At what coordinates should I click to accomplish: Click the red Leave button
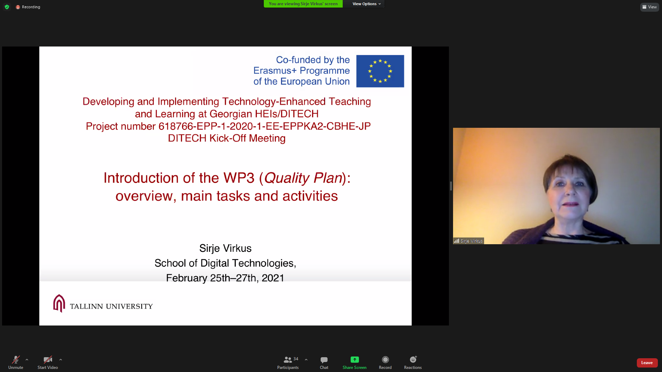tap(647, 363)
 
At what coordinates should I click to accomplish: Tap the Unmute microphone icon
tap(16, 360)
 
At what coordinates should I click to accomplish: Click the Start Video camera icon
tap(48, 360)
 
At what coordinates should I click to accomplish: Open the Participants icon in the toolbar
tap(288, 360)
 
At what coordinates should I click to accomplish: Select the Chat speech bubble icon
tap(324, 360)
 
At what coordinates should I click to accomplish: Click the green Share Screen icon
tap(354, 360)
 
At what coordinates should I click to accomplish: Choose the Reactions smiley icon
tap(413, 360)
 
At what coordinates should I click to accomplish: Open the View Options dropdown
tap(367, 4)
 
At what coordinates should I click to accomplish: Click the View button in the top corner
tap(650, 7)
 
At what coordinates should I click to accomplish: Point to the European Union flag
tap(380, 71)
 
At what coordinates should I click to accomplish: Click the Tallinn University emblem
tap(59, 303)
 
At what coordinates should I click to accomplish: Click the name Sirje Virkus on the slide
tap(225, 248)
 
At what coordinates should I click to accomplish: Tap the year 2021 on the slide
tap(273, 278)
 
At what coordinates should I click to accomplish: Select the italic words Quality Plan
tap(303, 178)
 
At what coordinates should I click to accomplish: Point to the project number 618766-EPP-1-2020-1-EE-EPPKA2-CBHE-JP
tap(264, 126)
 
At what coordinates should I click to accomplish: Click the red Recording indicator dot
tap(18, 7)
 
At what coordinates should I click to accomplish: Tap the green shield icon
tap(7, 7)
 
